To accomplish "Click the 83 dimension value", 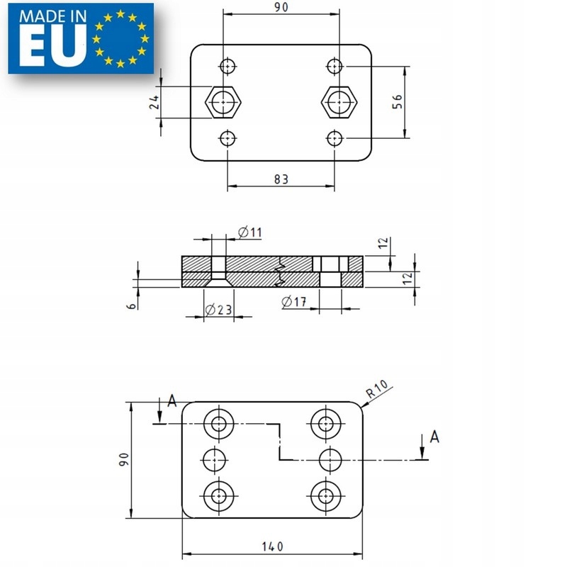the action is (281, 179).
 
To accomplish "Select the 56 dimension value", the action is (397, 102).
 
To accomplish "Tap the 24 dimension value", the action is (154, 102).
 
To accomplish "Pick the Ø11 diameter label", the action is (250, 232).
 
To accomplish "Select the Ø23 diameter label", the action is (217, 310).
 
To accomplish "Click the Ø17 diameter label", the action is (293, 303).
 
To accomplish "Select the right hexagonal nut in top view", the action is (338, 102).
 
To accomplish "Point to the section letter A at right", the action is (434, 437).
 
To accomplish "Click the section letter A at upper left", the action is (172, 402).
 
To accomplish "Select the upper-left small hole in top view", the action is (227, 67).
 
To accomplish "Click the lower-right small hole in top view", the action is (335, 137).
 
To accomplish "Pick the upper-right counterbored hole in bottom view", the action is (325, 424).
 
